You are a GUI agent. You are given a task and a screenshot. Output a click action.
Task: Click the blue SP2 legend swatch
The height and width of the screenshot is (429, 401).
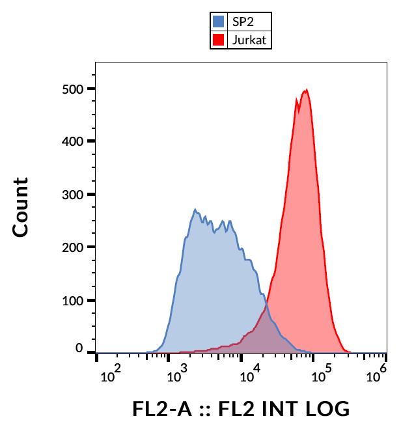(219, 21)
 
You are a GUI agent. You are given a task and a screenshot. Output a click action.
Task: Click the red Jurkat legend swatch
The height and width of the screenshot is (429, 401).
(219, 40)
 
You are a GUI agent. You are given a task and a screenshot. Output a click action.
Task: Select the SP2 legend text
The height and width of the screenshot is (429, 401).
(243, 21)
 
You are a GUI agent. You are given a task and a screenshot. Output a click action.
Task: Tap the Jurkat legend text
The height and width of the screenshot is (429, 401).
(249, 40)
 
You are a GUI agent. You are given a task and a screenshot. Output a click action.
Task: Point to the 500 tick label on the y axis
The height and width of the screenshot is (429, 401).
(76, 89)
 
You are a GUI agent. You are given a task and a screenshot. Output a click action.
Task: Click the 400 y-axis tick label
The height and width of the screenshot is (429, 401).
(76, 141)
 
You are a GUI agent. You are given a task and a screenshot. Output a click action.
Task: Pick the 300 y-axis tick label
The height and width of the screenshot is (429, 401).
(76, 195)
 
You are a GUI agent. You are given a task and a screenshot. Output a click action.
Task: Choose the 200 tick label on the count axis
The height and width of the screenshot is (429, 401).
(76, 247)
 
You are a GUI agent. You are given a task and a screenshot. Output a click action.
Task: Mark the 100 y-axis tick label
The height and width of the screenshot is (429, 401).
(76, 301)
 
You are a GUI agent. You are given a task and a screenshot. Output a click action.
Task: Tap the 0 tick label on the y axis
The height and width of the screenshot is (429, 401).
(79, 348)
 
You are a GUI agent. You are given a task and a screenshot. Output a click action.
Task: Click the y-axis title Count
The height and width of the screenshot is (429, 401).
(21, 206)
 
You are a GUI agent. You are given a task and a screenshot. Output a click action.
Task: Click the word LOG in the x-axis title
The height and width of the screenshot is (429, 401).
(325, 409)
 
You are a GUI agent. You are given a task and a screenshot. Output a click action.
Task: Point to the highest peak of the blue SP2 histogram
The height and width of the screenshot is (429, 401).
(195, 210)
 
